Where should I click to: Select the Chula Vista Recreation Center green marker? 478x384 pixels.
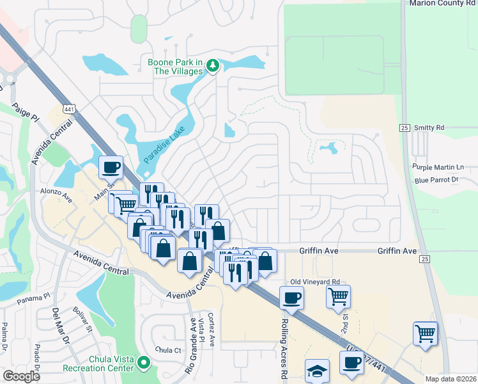pyautogui.click(x=144, y=364)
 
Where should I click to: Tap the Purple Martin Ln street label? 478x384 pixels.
pyautogui.click(x=438, y=167)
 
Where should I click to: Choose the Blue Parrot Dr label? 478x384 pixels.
pyautogui.click(x=436, y=180)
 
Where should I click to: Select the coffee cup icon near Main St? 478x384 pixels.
pyautogui.click(x=111, y=167)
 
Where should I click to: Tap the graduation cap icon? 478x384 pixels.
pyautogui.click(x=317, y=371)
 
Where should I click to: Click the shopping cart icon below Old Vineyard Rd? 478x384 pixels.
pyautogui.click(x=338, y=296)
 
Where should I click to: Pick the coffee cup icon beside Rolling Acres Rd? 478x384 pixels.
pyautogui.click(x=291, y=297)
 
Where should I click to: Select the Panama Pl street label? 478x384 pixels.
pyautogui.click(x=33, y=298)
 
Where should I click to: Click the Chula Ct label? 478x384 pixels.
pyautogui.click(x=169, y=350)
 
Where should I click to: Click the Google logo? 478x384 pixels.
pyautogui.click(x=22, y=376)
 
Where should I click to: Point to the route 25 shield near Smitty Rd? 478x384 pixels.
pyautogui.click(x=404, y=128)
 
